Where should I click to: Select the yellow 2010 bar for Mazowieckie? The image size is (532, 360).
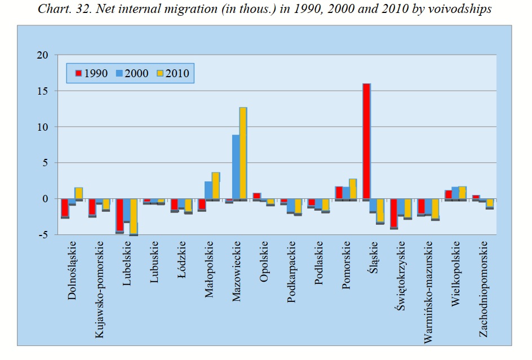pyautogui.click(x=243, y=153)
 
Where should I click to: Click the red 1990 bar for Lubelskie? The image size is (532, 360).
pyautogui.click(x=119, y=215)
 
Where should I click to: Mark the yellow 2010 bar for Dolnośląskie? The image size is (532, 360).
pyautogui.click(x=78, y=193)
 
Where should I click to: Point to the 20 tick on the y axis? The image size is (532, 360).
pyautogui.click(x=43, y=55)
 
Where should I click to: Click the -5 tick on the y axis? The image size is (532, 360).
pyautogui.click(x=43, y=235)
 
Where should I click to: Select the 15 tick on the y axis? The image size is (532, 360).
pyautogui.click(x=43, y=91)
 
